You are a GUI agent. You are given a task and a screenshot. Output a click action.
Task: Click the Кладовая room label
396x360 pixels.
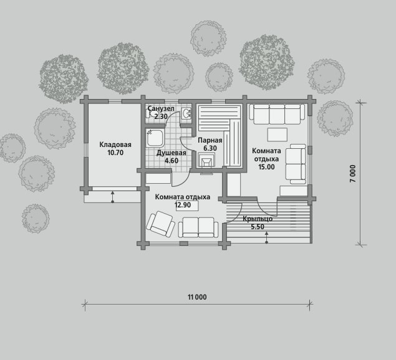pyautogui.click(x=115, y=144)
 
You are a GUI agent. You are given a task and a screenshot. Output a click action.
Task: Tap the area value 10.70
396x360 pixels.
pyautogui.click(x=115, y=153)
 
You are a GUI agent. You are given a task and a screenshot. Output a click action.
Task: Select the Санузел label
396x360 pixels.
pyautogui.click(x=161, y=109)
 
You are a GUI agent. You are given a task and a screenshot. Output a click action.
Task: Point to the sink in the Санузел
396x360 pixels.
pyautogui.click(x=186, y=113)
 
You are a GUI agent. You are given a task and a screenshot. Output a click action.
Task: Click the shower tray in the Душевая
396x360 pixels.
pyautogui.click(x=155, y=138)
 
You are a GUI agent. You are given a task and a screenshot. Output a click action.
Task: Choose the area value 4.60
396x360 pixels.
pyautogui.click(x=171, y=161)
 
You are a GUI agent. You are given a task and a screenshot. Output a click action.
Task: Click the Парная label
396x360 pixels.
pyautogui.click(x=210, y=140)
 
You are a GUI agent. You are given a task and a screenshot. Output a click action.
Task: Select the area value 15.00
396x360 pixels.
pyautogui.click(x=266, y=167)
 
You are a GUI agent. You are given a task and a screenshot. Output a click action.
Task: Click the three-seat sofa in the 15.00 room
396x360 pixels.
pyautogui.click(x=277, y=114)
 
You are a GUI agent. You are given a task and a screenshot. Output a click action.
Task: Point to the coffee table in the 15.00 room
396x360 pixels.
pyautogui.click(x=278, y=135)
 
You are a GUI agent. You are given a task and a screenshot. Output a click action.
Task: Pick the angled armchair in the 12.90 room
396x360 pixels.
pyautogui.click(x=161, y=224)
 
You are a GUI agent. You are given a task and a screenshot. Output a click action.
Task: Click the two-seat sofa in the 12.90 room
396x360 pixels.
pyautogui.click(x=198, y=227)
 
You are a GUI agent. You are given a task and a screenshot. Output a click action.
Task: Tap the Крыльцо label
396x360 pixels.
pyautogui.click(x=258, y=219)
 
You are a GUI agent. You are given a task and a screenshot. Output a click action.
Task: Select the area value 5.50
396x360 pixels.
pyautogui.click(x=258, y=227)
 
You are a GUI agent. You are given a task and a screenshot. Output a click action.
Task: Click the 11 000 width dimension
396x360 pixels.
pyautogui.click(x=197, y=297)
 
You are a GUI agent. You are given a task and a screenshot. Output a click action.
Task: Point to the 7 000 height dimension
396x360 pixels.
pyautogui.click(x=353, y=174)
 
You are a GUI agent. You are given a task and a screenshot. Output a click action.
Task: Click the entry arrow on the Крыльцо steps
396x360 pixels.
pyautogui.click(x=267, y=238)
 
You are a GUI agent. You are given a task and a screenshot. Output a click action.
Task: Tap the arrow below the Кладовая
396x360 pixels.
pyautogui.click(x=113, y=197)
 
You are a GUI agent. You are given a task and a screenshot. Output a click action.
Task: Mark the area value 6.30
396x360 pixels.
pyautogui.click(x=210, y=148)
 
